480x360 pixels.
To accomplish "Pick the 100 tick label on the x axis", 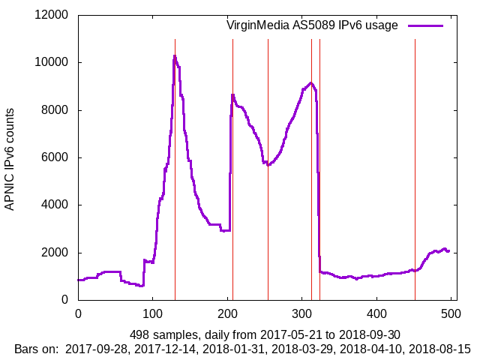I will click(x=152, y=314).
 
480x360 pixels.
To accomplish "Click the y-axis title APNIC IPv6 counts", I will click(x=10, y=157).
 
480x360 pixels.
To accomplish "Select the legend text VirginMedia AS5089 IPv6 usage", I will click(x=312, y=25).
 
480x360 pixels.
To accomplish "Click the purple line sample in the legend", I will click(x=425, y=25).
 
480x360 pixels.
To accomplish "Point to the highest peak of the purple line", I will click(x=174, y=55).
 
